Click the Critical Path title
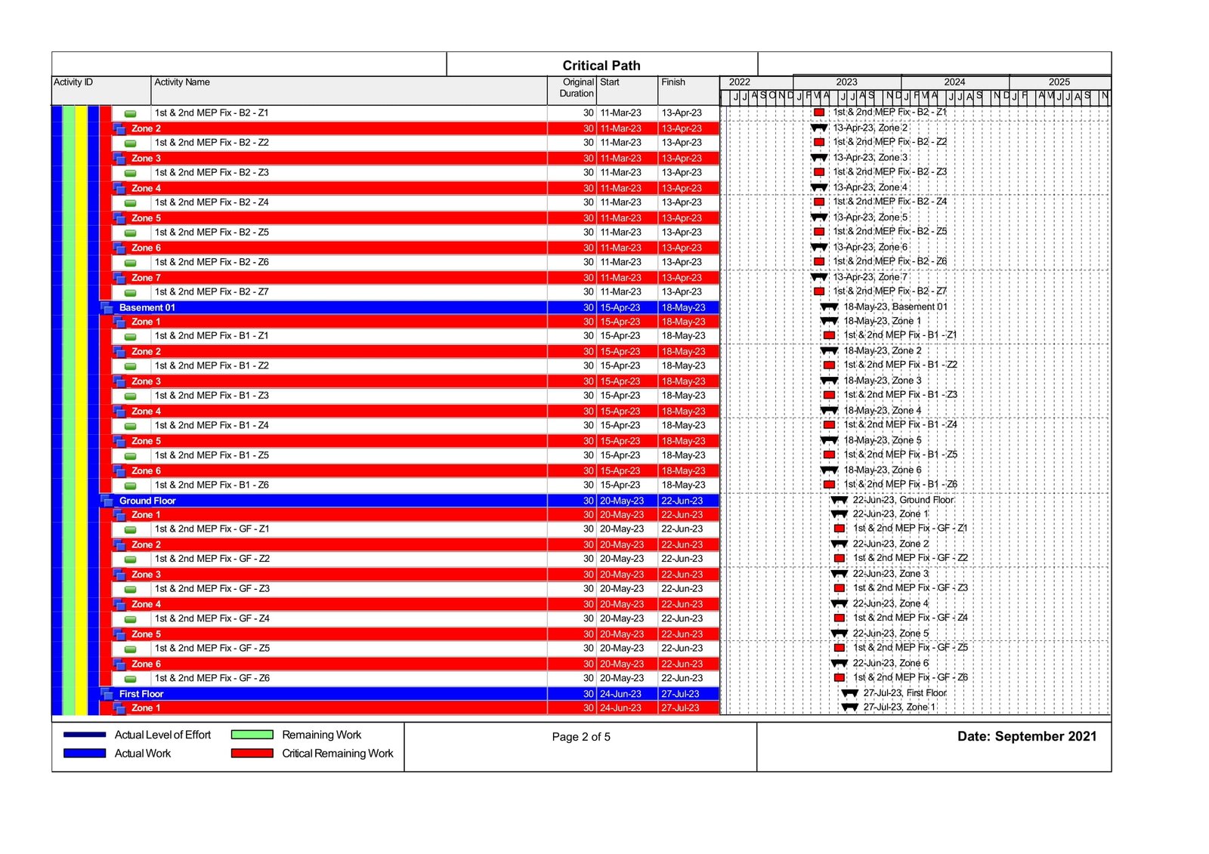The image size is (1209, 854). click(601, 66)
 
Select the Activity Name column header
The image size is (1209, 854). click(182, 82)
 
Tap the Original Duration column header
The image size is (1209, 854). click(577, 88)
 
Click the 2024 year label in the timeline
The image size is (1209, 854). click(954, 82)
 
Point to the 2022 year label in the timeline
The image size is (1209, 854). click(739, 82)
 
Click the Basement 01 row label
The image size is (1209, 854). click(147, 307)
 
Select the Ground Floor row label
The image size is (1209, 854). click(147, 501)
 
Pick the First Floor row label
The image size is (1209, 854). click(141, 694)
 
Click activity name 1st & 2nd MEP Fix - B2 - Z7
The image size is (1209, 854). click(212, 292)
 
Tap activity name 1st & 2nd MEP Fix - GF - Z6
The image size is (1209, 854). click(212, 678)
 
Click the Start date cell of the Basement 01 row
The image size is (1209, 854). click(620, 307)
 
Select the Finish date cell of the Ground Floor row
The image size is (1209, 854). click(682, 501)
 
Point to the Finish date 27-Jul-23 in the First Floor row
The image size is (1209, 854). click(680, 694)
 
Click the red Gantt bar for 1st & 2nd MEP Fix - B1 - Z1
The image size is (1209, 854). click(829, 335)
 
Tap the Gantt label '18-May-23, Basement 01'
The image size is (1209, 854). click(895, 307)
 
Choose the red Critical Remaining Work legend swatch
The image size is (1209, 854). click(252, 753)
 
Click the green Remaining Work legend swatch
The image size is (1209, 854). click(252, 735)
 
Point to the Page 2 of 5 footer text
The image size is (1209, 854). click(581, 737)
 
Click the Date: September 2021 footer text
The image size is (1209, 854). click(1026, 736)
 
